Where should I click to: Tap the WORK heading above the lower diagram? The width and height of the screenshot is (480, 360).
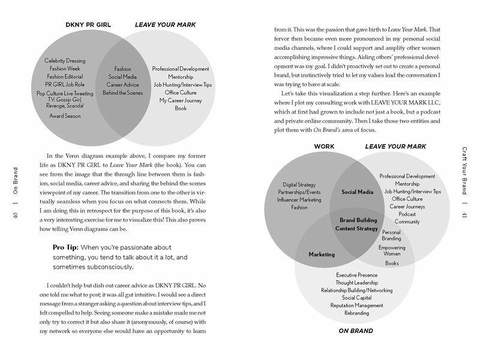(325, 146)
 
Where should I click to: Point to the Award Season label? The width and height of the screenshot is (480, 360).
(65, 115)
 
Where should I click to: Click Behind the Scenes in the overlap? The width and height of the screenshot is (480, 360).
(122, 92)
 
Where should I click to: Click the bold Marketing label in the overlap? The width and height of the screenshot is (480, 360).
(322, 254)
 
